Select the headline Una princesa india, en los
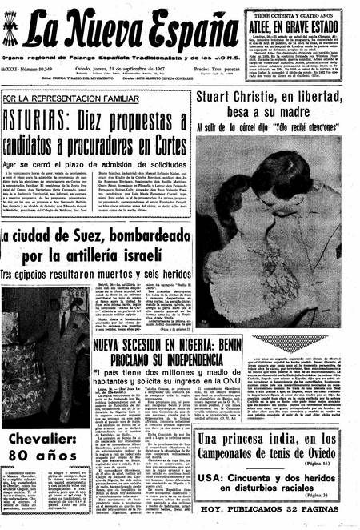click(x=272, y=440)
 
